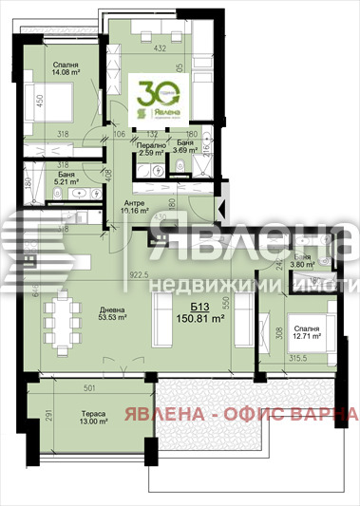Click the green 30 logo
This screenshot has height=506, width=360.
(158, 94)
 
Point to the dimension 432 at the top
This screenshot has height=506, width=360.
(161, 48)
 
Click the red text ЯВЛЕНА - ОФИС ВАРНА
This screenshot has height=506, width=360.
(256, 414)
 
